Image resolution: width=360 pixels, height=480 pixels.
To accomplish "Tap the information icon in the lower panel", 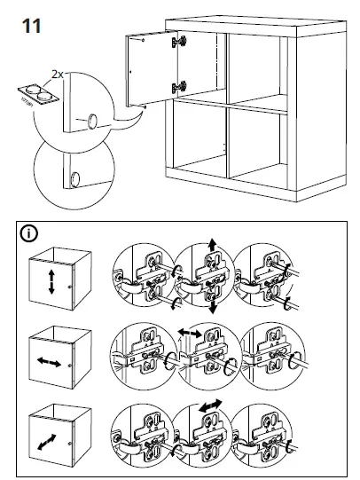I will (30, 234).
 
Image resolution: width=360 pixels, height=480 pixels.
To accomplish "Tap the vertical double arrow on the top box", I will (51, 283).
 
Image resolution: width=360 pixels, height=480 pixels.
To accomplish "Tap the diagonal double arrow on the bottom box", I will (51, 440).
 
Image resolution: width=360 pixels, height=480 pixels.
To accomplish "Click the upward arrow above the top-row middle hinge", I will (211, 244).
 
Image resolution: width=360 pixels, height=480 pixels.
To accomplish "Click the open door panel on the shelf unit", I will (151, 69).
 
